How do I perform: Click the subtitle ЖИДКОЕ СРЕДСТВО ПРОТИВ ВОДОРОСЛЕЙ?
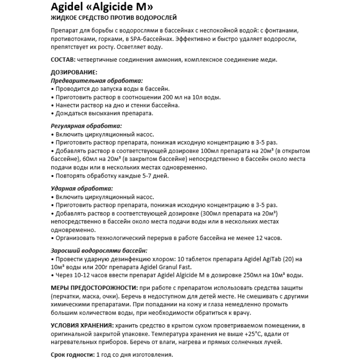[113, 18]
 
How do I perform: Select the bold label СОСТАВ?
[62, 60]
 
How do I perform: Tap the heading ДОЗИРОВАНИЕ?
[74, 72]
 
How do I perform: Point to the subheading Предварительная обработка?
[97, 81]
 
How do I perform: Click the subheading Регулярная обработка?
[86, 126]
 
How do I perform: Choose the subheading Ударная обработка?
[82, 188]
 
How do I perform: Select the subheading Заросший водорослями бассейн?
[99, 250]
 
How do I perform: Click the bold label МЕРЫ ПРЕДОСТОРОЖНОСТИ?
[94, 288]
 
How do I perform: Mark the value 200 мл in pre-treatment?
[171, 97]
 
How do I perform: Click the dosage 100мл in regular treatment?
[210, 151]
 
